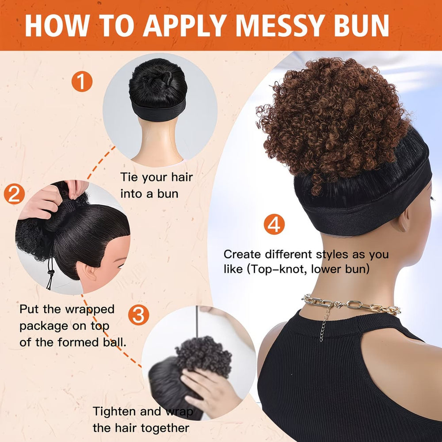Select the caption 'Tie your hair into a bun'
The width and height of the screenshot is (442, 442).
[x=156, y=185]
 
